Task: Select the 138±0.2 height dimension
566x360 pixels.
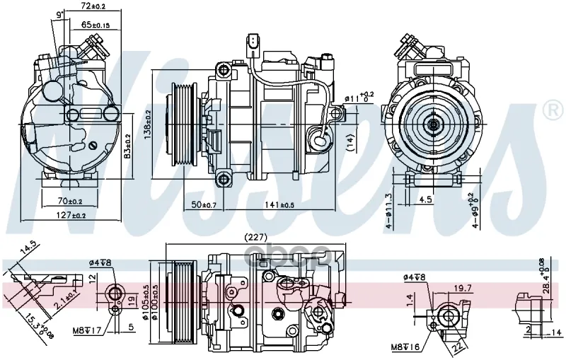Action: (x=147, y=126)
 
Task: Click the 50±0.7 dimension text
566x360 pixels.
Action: (x=205, y=204)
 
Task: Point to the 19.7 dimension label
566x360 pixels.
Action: (x=463, y=287)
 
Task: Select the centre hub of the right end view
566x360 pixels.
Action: (x=432, y=124)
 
